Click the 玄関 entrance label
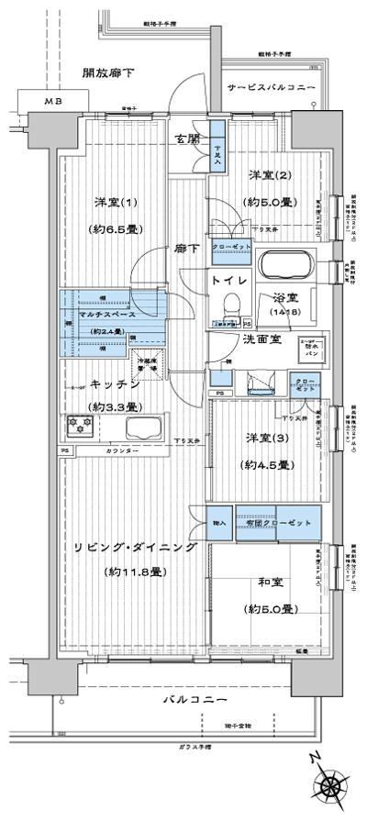click(x=188, y=139)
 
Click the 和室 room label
click(x=267, y=582)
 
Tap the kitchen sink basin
click(x=147, y=428)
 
